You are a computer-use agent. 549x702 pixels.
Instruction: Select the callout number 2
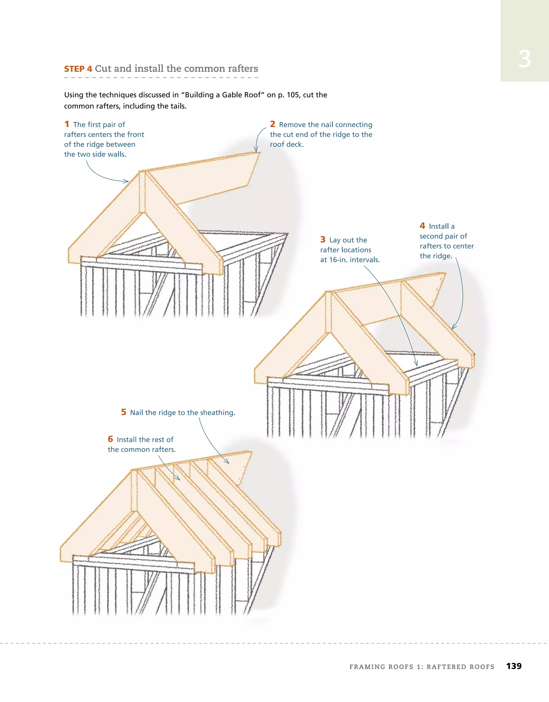click(x=272, y=124)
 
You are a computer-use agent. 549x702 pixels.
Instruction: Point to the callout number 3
click(x=322, y=240)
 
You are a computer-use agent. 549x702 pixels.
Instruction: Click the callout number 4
click(x=422, y=226)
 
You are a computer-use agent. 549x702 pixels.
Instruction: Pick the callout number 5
click(x=124, y=412)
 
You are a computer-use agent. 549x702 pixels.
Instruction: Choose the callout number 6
click(x=110, y=439)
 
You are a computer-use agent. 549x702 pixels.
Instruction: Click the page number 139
click(x=514, y=666)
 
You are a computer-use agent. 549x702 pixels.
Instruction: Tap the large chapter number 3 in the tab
click(x=524, y=59)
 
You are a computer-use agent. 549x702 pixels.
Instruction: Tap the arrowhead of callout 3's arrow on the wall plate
click(x=417, y=365)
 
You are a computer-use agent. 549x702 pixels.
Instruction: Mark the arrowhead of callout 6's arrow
click(x=179, y=479)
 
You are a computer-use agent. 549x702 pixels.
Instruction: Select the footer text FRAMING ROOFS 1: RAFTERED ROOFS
click(x=422, y=667)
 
